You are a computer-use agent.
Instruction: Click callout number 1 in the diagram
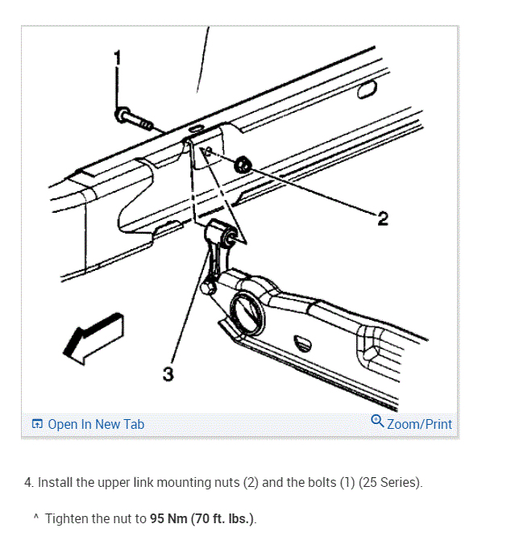pos(118,57)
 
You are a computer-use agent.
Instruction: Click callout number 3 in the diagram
pos(168,373)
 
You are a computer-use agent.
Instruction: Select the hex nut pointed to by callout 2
pos(242,166)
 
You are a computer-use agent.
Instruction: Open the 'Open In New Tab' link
pos(96,424)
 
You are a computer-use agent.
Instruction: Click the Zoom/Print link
pos(419,424)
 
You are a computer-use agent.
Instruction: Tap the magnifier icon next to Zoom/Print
pos(377,422)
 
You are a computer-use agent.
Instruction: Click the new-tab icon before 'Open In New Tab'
pos(36,424)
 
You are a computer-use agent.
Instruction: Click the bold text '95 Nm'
pos(168,518)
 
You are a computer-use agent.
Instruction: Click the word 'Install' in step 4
pos(56,483)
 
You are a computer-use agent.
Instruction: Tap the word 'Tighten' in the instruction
pos(68,518)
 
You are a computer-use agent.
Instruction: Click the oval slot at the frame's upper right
pos(368,89)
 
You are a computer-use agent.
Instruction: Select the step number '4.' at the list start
pos(30,483)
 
